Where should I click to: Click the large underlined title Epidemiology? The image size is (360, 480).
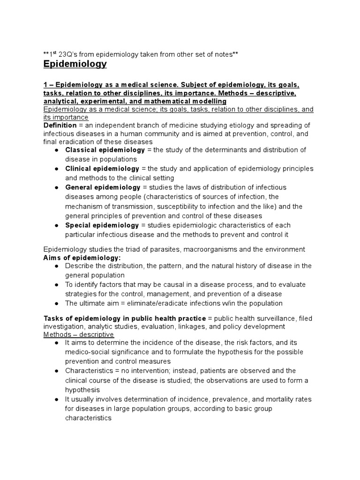(x=75, y=64)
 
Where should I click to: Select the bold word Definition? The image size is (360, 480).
(x=60, y=126)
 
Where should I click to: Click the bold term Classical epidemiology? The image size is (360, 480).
(x=105, y=150)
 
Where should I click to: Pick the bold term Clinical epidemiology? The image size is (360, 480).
(x=102, y=168)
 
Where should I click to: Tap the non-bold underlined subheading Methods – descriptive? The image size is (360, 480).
(x=78, y=334)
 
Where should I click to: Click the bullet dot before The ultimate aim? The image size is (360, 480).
(x=56, y=303)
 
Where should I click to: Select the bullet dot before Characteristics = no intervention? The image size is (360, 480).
(x=56, y=371)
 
